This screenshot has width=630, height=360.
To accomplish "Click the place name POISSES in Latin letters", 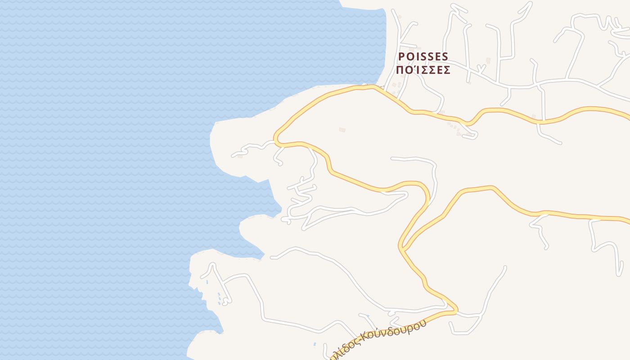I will click(x=423, y=57).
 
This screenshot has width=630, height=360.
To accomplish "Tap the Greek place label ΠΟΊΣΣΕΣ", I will click(x=423, y=70).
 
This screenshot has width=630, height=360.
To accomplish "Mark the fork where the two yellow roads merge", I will click(x=403, y=247).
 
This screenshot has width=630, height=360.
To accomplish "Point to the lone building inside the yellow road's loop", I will click(x=342, y=130).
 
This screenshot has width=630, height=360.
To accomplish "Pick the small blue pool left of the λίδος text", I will click(x=315, y=345).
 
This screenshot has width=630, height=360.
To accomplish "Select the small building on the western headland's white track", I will click(x=240, y=157).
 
